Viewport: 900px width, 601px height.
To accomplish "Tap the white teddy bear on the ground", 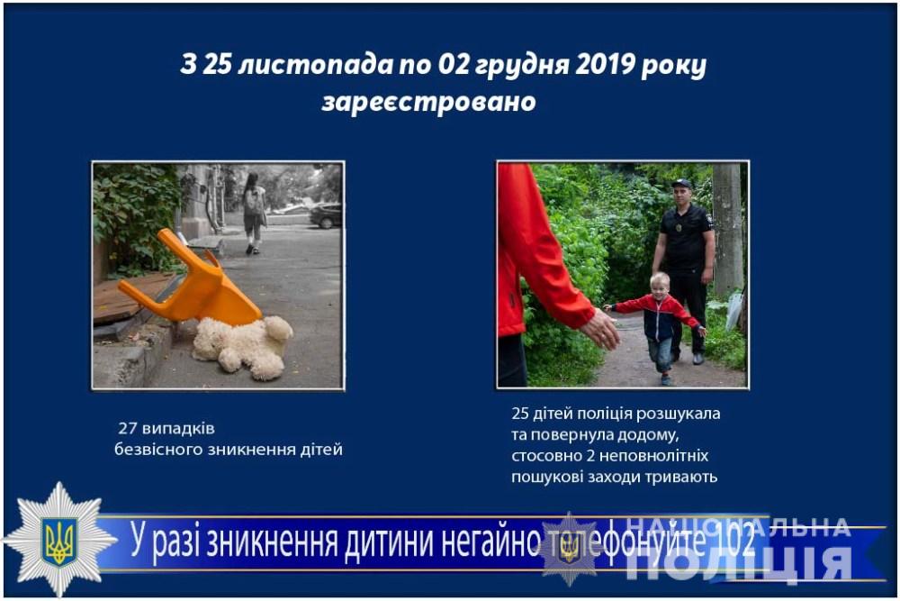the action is coord(243,347).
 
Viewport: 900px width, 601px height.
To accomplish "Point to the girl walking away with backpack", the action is coord(255,214).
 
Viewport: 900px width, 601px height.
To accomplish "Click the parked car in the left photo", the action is coord(326,215).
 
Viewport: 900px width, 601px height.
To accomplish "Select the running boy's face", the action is coord(660,287).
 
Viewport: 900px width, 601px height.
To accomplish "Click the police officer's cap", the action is coord(682,184).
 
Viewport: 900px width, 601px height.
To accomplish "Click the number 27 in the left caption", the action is coord(128,429).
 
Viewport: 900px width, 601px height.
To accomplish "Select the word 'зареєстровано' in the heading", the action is coord(428,102).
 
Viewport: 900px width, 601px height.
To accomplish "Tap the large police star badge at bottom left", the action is coord(59,540).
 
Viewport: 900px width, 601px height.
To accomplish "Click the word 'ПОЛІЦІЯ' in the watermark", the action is coord(739,564).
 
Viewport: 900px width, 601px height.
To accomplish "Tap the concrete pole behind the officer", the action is coord(727,230).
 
